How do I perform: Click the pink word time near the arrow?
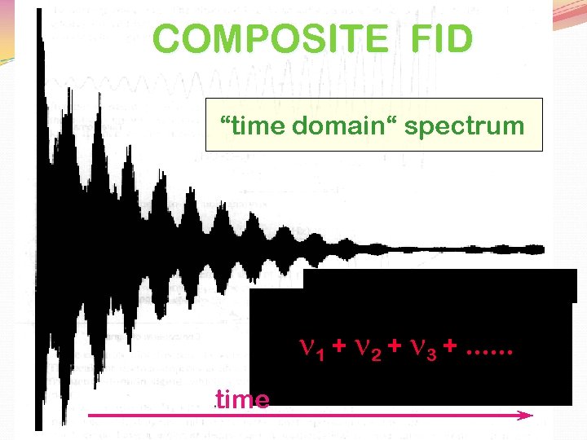point(242,400)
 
